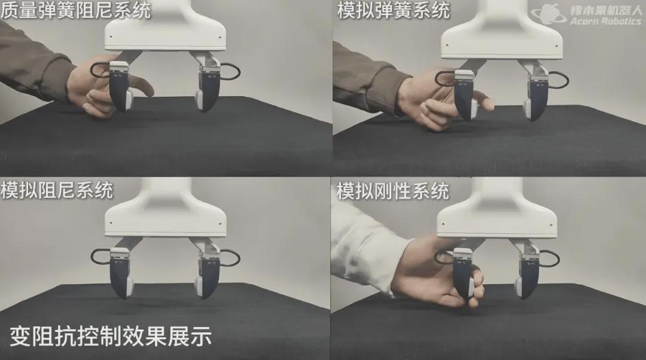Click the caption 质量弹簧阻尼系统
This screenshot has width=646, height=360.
coord(75,10)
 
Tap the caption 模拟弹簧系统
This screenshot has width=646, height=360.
coord(393,10)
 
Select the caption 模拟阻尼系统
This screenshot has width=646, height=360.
coord(57,190)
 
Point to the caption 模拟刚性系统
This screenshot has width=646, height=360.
coord(393,191)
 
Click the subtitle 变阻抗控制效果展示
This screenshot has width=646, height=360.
coord(111,336)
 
